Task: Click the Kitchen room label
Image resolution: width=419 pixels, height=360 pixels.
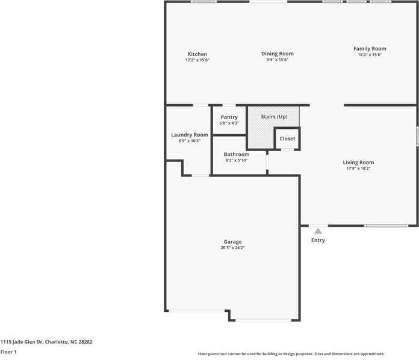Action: point(197,54)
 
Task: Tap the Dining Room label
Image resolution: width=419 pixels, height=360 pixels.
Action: point(277,54)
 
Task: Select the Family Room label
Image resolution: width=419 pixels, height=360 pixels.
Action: point(370,49)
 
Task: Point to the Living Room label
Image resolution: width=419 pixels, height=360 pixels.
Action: point(358,163)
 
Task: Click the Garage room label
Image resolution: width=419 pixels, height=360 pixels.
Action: point(232,242)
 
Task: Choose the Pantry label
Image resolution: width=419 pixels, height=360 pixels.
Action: point(229,117)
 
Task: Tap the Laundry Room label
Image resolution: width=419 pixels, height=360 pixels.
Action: point(190,135)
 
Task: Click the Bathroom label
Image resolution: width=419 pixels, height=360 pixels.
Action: point(236,155)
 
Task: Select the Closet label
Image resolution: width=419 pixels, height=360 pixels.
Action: point(287,138)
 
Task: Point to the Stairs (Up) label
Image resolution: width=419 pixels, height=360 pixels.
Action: point(273,116)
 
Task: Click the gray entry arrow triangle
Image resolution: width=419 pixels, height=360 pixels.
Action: point(318,230)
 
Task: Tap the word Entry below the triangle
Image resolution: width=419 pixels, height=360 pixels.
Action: point(318,240)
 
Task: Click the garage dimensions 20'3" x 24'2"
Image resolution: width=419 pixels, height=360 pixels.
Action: point(232,247)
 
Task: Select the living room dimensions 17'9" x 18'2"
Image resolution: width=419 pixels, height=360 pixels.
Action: point(358,169)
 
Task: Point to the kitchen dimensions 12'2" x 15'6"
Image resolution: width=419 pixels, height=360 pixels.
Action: point(197,60)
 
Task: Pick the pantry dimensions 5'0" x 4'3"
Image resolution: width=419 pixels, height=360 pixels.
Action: point(229,123)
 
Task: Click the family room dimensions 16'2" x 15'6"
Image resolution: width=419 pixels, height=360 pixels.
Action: point(370,55)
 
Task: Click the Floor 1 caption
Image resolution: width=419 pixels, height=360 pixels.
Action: point(8,352)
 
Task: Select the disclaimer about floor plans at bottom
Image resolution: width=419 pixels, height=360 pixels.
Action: point(291,354)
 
